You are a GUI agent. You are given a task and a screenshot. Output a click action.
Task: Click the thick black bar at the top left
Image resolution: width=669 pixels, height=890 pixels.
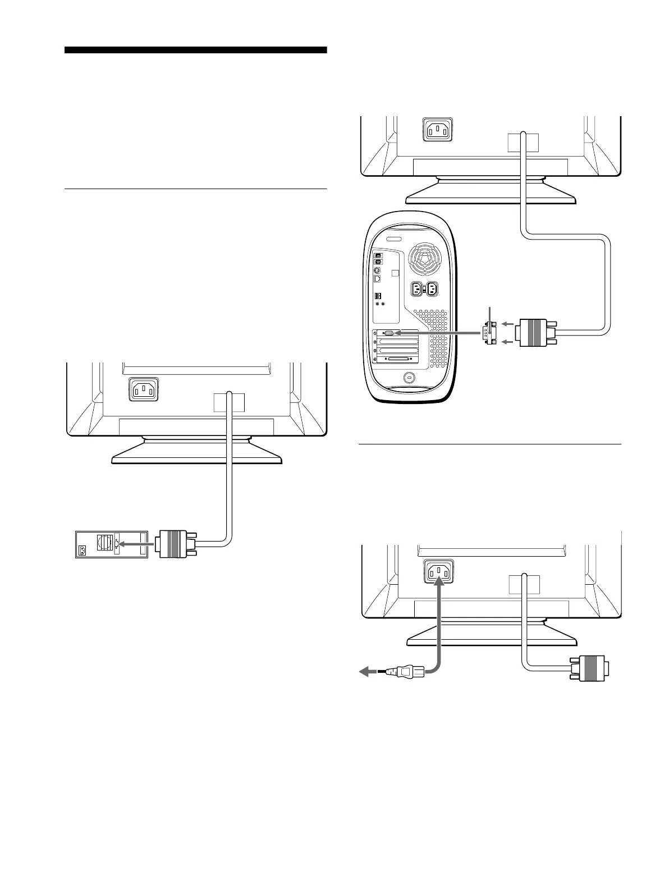click(195, 50)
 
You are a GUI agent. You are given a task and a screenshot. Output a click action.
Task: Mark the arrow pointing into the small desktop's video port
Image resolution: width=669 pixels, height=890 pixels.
click(135, 544)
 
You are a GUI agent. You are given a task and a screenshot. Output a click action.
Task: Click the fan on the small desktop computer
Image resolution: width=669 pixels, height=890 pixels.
click(104, 543)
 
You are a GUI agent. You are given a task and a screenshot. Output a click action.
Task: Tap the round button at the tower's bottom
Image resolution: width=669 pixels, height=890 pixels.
click(408, 378)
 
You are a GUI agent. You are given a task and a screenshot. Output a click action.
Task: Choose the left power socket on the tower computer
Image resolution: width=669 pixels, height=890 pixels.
click(417, 290)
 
